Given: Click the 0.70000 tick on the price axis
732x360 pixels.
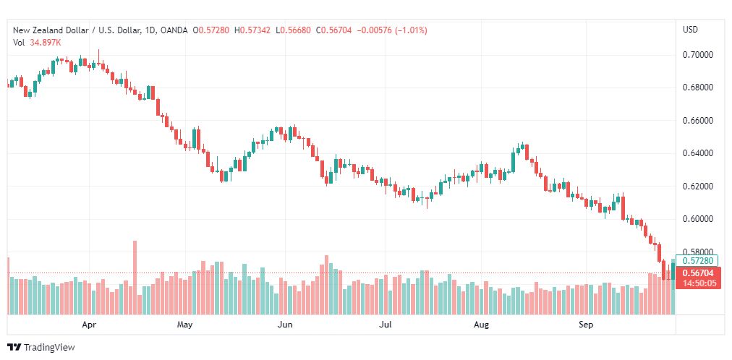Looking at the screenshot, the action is tap(697, 55).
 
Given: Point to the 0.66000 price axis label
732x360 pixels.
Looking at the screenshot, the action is tap(697, 121).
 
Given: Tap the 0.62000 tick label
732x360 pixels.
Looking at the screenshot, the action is tap(697, 187).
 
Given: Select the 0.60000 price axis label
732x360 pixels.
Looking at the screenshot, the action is tap(697, 219).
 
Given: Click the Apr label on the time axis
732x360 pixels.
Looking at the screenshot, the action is tap(89, 325).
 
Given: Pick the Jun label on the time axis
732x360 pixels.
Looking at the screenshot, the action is tap(284, 325).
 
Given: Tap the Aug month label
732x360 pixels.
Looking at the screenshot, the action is tap(481, 325).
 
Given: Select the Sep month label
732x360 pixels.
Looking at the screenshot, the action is tap(586, 325).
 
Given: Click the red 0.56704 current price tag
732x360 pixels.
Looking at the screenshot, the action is tap(698, 273).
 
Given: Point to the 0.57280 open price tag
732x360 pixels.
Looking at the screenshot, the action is tap(697, 261).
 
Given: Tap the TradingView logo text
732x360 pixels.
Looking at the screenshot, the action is tap(49, 348).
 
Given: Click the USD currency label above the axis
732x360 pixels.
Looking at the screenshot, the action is tap(691, 30).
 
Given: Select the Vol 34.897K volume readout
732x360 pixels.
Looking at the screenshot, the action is tap(37, 43).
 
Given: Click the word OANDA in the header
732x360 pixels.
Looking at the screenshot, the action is tap(174, 30).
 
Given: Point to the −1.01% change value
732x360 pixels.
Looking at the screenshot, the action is tap(411, 30).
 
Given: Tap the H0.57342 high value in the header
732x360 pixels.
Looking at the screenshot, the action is tap(252, 30).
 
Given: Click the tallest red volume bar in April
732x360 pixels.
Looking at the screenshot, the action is tap(135, 278).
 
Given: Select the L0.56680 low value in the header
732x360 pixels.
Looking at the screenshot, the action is tap(293, 30).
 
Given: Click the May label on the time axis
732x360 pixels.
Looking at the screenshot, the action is tap(185, 325).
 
